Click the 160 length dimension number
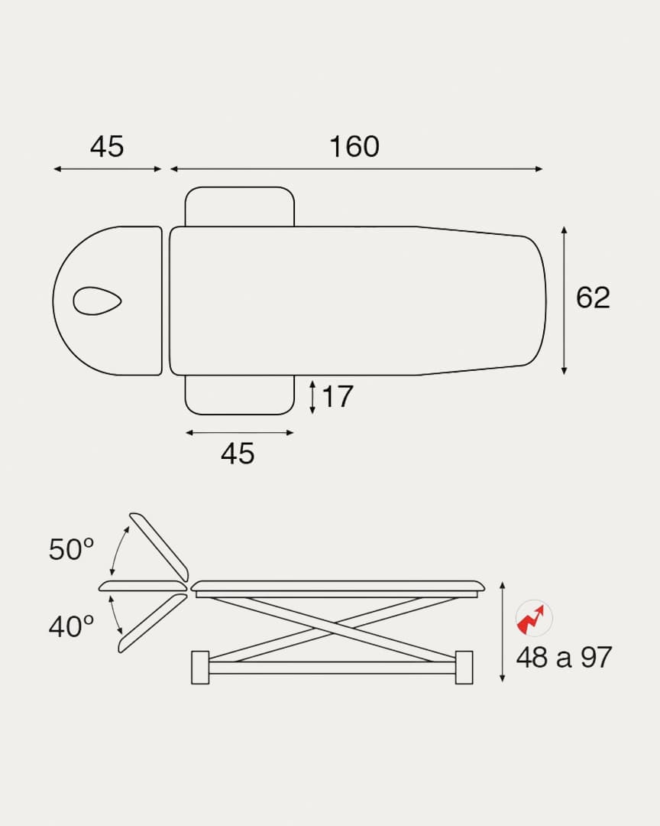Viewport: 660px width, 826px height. tap(354, 146)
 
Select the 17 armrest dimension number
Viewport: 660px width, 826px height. tap(337, 396)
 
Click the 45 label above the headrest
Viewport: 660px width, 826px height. tap(107, 146)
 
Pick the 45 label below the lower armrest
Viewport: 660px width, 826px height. tap(238, 453)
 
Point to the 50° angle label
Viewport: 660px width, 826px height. tap(71, 549)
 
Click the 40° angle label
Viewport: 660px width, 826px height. tap(71, 626)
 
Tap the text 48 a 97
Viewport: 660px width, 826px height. tap(564, 658)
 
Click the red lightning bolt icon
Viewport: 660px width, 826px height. tap(533, 619)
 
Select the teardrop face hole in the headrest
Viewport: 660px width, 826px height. tap(97, 301)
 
